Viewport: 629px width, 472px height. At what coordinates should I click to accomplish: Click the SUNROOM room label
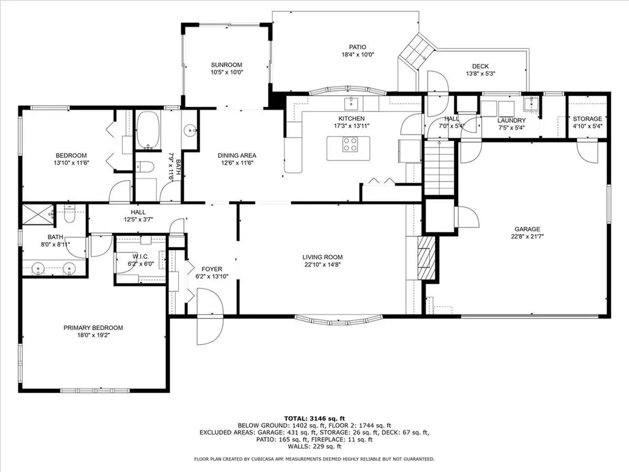[x=227, y=65]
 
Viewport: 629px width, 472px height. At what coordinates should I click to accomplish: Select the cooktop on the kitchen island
[x=350, y=144]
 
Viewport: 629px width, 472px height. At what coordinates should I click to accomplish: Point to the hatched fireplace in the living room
[x=426, y=258]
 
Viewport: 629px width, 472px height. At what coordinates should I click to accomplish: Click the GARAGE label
[x=528, y=229]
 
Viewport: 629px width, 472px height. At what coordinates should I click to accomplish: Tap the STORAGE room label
[x=587, y=119]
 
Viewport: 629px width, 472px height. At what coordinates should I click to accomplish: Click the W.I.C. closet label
[x=141, y=256]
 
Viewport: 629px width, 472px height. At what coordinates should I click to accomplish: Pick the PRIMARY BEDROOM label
[x=93, y=328]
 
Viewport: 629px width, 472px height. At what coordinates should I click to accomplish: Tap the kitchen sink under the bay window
[x=352, y=103]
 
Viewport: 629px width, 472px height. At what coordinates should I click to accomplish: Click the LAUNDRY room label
[x=512, y=120]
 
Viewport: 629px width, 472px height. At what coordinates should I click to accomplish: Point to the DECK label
[x=480, y=66]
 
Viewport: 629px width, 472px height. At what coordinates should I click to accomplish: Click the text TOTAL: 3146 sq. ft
[x=314, y=418]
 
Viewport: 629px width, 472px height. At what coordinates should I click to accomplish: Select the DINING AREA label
[x=236, y=155]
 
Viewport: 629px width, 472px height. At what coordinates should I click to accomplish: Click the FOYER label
[x=212, y=269]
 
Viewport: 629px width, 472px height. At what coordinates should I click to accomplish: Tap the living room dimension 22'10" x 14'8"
[x=322, y=264]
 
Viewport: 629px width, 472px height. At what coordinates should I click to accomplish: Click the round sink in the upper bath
[x=190, y=130]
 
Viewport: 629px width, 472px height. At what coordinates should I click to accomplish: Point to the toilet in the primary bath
[x=69, y=214]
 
